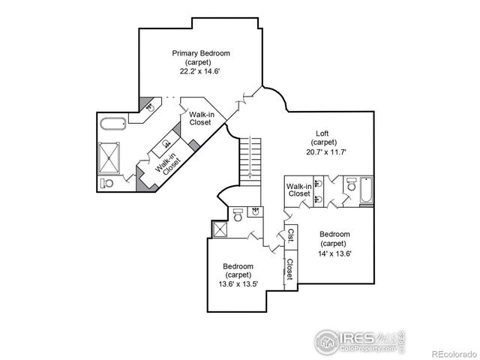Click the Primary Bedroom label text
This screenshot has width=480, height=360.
pyautogui.click(x=200, y=53)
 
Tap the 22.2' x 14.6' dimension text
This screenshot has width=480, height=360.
pyautogui.click(x=200, y=71)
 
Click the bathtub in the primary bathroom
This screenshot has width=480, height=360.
pyautogui.click(x=115, y=124)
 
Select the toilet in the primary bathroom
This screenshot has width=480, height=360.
pyautogui.click(x=107, y=182)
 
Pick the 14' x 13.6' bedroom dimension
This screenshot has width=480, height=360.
pyautogui.click(x=333, y=253)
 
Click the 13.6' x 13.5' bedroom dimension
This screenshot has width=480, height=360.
pyautogui.click(x=237, y=284)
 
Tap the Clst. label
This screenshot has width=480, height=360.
pyautogui.click(x=289, y=236)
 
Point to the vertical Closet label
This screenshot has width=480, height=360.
pyautogui.click(x=289, y=269)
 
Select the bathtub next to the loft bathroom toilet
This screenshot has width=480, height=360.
pyautogui.click(x=366, y=191)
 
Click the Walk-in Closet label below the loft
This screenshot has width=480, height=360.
pyautogui.click(x=298, y=190)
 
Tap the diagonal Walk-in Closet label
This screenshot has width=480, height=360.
pyautogui.click(x=167, y=163)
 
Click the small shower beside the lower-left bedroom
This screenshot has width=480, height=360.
pyautogui.click(x=220, y=229)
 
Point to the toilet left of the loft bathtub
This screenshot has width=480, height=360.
pyautogui.click(x=349, y=184)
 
